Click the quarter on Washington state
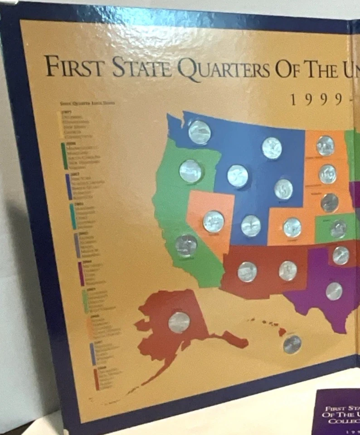(199, 132)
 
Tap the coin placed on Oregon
(190, 171)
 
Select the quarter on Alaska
(179, 322)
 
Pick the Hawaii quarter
(292, 344)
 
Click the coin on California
(186, 245)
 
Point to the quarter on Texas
(334, 291)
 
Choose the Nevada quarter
(214, 222)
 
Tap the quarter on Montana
(272, 148)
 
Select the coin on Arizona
(247, 271)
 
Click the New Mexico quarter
(288, 271)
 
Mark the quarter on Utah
(251, 226)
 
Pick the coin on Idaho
(238, 176)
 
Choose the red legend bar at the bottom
(96, 379)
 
